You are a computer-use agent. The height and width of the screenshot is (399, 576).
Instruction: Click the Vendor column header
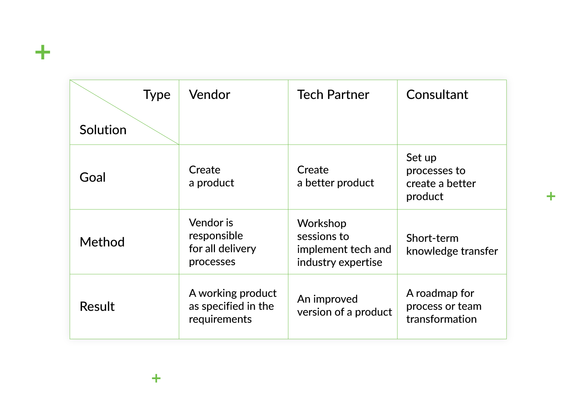(x=209, y=95)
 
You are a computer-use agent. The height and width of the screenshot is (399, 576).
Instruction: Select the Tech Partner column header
(x=333, y=95)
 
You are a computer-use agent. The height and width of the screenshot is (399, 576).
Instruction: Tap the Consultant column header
(x=437, y=95)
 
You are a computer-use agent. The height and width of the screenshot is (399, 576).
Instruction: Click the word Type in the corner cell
(x=157, y=95)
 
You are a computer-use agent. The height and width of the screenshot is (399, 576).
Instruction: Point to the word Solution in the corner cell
(x=103, y=130)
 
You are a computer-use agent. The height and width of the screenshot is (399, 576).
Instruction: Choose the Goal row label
(x=93, y=177)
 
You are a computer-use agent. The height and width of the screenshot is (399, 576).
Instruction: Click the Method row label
(x=102, y=242)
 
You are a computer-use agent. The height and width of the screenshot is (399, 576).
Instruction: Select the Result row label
(x=97, y=307)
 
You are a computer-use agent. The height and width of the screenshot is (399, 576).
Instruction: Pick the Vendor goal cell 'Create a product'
(x=211, y=177)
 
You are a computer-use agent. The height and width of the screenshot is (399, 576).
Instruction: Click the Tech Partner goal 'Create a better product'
(x=336, y=177)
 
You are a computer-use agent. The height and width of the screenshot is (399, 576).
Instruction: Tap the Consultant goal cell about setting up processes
(x=441, y=177)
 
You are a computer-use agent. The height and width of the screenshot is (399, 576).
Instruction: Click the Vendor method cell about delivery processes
(x=222, y=242)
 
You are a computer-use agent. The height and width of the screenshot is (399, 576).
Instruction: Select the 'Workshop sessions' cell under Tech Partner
(x=344, y=243)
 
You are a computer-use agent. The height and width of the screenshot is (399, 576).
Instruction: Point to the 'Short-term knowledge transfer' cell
(x=452, y=245)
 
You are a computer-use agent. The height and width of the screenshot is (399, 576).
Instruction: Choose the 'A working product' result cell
(x=233, y=306)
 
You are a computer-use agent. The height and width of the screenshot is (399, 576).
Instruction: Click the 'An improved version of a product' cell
(x=345, y=306)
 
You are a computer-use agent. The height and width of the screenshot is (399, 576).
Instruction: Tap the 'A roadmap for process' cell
(x=444, y=306)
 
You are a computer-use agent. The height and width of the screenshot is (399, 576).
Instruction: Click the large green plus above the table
(x=43, y=52)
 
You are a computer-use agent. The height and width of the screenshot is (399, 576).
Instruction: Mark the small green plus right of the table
(x=551, y=196)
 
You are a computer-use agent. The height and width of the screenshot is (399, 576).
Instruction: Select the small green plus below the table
(x=156, y=378)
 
